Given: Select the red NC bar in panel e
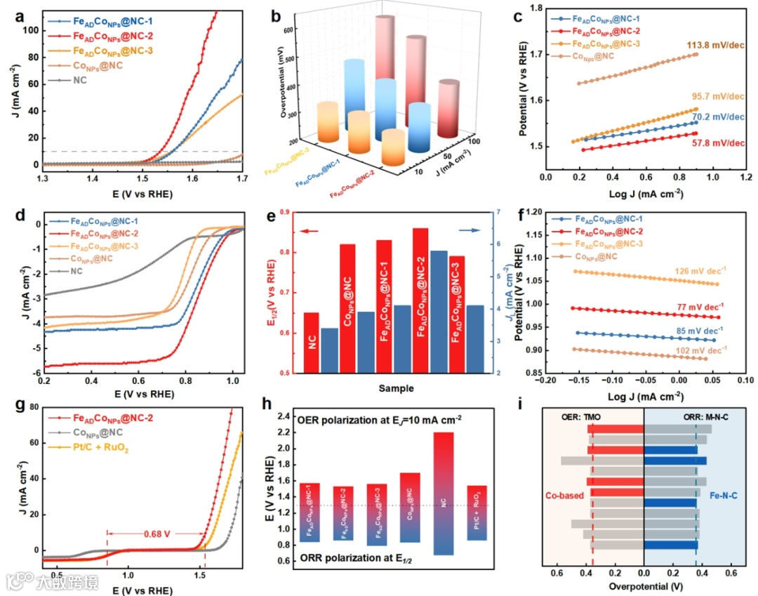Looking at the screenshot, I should pyautogui.click(x=311, y=343).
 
